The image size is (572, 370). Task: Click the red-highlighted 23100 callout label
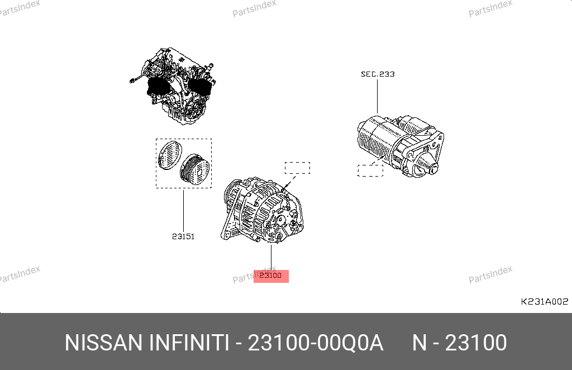(271, 276)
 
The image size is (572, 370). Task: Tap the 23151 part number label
(183, 236)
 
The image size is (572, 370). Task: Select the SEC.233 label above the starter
(378, 74)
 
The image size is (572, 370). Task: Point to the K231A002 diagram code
(544, 301)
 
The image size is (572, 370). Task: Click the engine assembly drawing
(173, 86)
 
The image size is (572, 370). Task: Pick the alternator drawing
(262, 210)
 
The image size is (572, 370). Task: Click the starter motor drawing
(401, 146)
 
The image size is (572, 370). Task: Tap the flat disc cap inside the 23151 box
(170, 155)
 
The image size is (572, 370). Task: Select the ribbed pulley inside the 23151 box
(195, 169)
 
